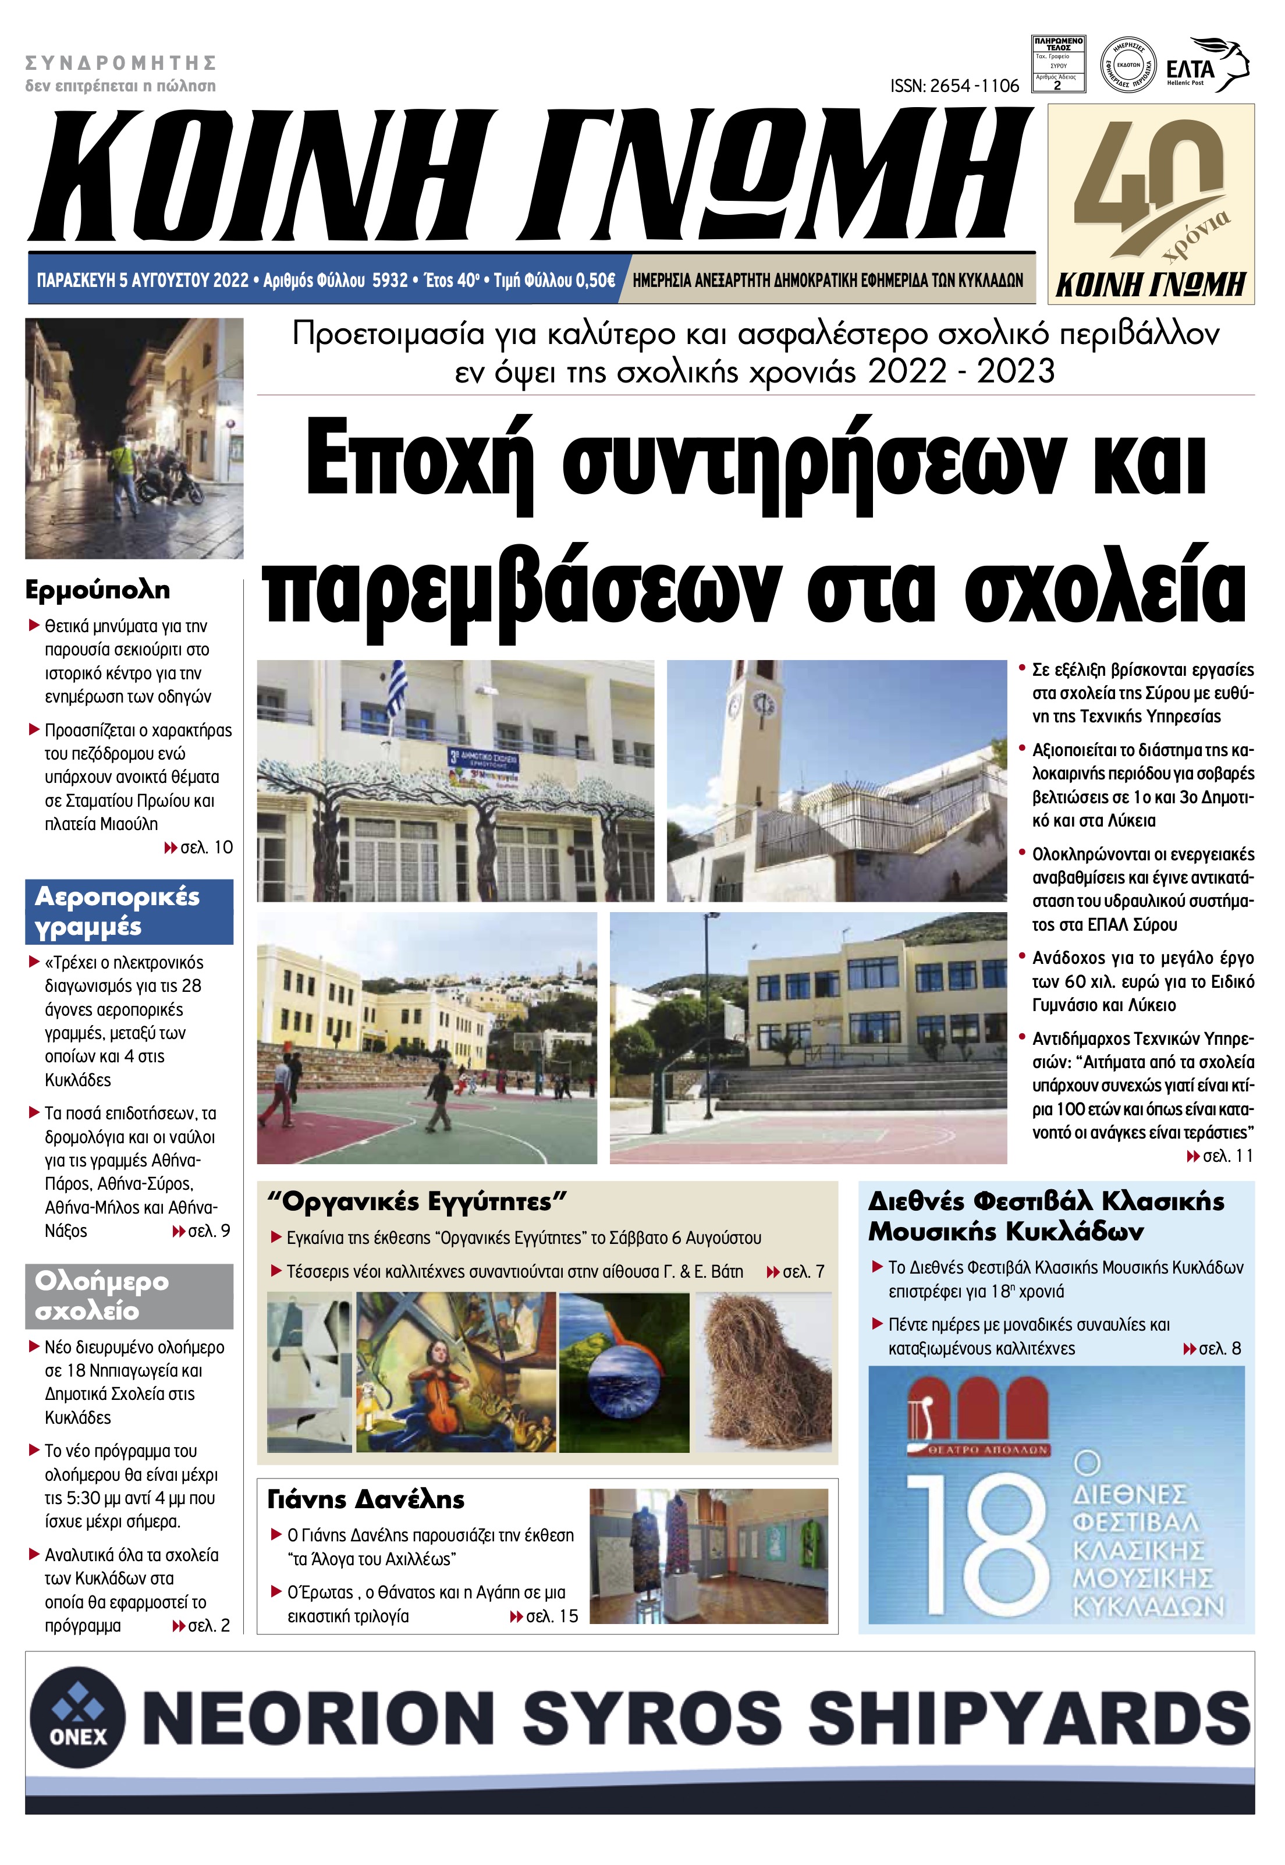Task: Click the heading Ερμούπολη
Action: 97,590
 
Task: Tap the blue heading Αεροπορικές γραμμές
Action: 118,912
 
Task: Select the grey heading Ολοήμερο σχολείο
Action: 102,1296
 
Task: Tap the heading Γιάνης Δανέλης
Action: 365,1499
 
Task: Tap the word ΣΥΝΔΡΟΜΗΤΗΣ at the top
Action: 122,63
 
